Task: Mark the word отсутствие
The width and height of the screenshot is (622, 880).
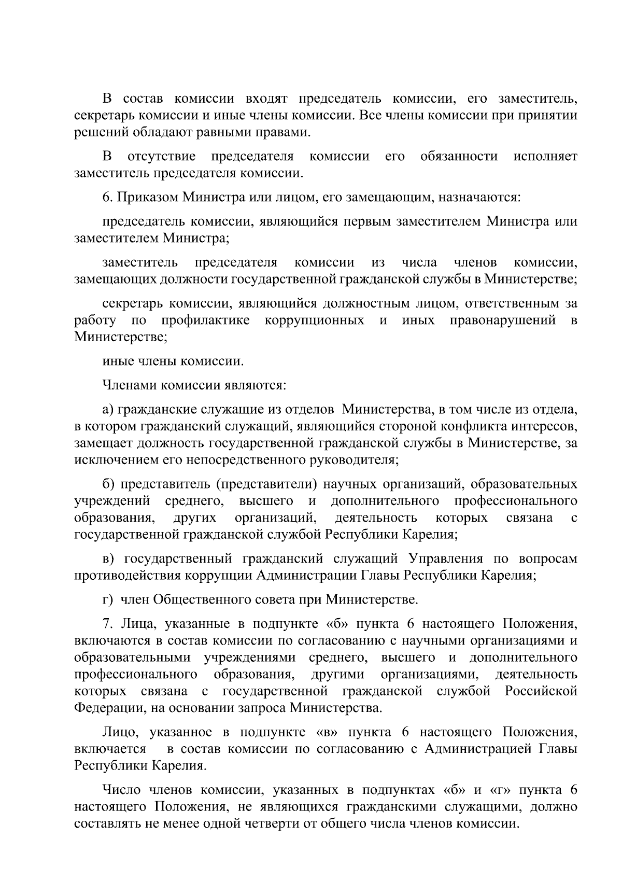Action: [161, 156]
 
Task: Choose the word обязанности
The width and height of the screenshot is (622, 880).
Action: [459, 156]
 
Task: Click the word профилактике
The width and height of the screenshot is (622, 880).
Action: [206, 320]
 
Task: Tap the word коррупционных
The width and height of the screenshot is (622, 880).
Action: [314, 320]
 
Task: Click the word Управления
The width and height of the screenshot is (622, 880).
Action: [446, 558]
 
